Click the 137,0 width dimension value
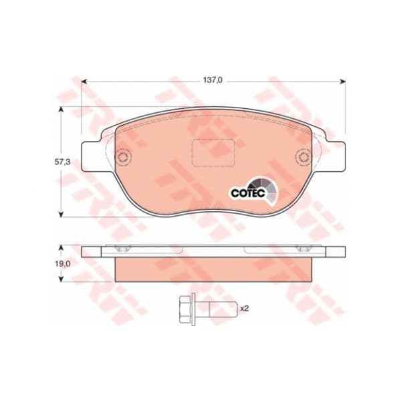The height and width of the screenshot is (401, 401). coord(213,80)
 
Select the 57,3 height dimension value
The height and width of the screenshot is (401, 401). coord(62,162)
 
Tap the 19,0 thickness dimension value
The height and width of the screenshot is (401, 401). coord(62,264)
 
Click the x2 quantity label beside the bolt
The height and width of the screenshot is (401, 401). coord(245,308)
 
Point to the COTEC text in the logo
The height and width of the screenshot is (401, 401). coord(248,193)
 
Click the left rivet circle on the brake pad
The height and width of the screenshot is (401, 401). coord(124,157)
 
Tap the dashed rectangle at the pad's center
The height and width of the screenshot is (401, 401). coord(214,152)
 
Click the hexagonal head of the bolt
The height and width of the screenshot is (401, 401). coord(186,309)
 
